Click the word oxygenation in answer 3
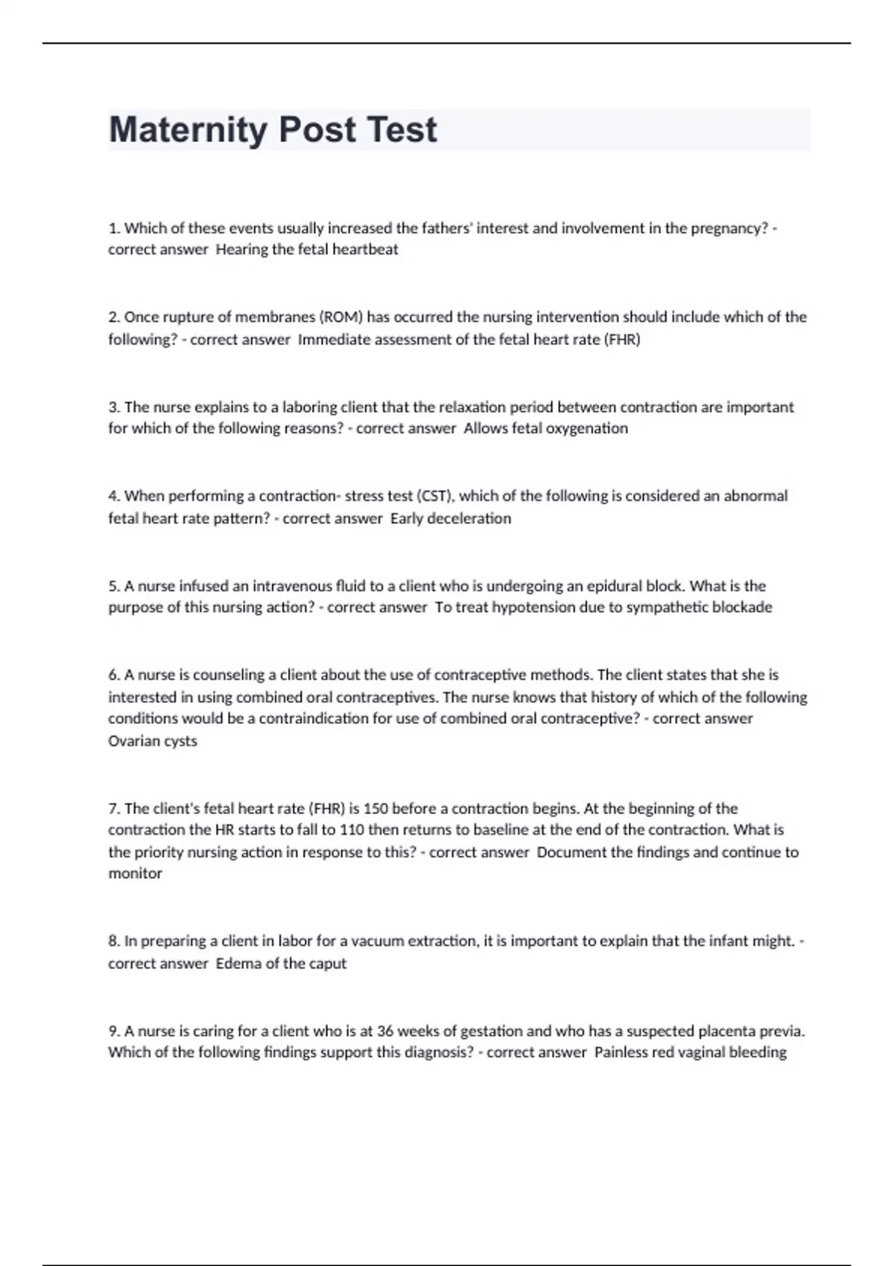pyautogui.click(x=587, y=428)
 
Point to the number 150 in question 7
pyautogui.click(x=375, y=809)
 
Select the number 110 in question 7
pyautogui.click(x=352, y=830)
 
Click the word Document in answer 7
pyautogui.click(x=571, y=852)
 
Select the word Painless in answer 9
pyautogui.click(x=622, y=1052)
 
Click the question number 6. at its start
pyautogui.click(x=115, y=675)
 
